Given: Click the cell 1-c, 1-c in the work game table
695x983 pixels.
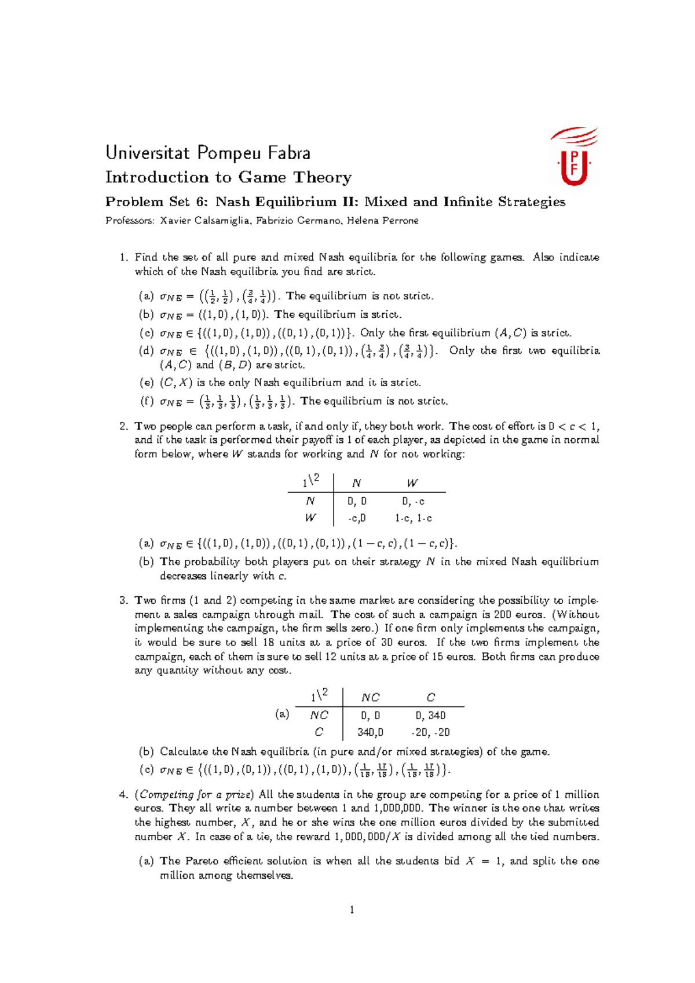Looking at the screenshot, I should (x=413, y=518).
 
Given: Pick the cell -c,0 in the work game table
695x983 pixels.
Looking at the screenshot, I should (x=357, y=518).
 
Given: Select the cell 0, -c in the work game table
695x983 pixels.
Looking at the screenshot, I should (x=413, y=501).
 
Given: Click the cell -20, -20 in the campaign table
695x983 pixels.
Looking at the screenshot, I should (x=430, y=732).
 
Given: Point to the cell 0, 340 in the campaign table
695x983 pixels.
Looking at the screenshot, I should (x=430, y=716).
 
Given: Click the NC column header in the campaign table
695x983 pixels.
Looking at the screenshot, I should (x=370, y=698).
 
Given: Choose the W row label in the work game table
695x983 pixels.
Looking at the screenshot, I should (x=310, y=518).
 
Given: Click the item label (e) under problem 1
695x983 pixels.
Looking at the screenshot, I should (x=146, y=383).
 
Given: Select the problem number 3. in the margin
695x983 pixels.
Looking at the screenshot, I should (x=123, y=600).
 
